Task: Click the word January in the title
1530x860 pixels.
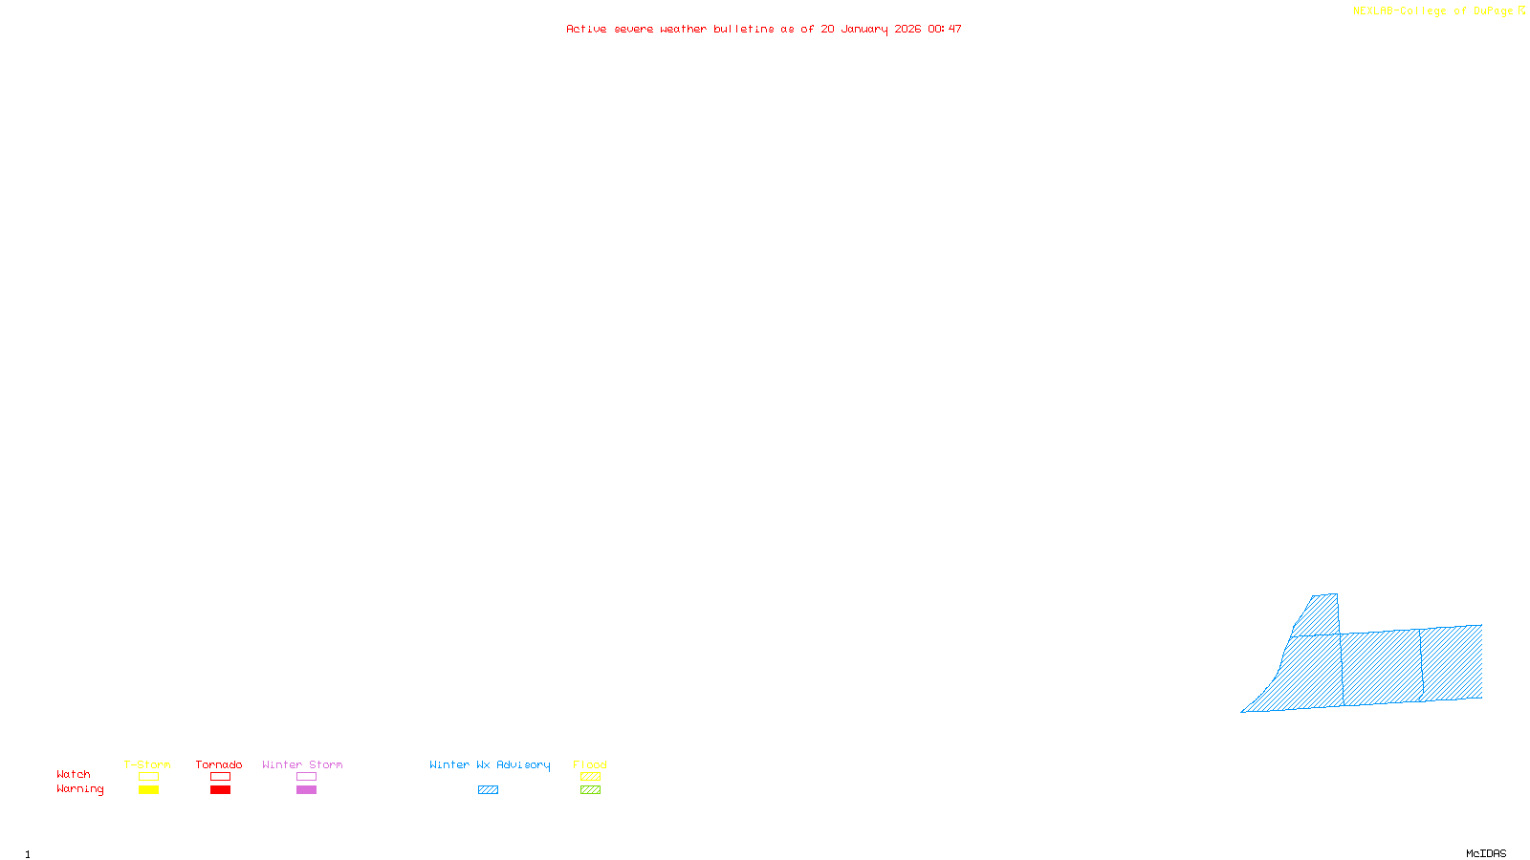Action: pos(863,30)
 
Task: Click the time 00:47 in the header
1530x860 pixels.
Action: pos(945,30)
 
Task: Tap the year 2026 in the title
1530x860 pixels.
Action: pos(907,30)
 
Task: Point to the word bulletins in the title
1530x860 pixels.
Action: pos(743,30)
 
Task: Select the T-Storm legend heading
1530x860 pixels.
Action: pos(147,764)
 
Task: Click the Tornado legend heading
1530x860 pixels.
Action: pos(219,764)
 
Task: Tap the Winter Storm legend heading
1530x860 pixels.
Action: pos(302,764)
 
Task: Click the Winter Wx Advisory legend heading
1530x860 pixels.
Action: pos(490,764)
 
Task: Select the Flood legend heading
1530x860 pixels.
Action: pos(590,764)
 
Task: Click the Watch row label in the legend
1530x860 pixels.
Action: pos(74,774)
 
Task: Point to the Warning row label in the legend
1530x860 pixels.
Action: pos(79,789)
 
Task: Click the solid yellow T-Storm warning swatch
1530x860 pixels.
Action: pos(148,790)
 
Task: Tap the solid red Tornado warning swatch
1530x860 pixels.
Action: pos(220,790)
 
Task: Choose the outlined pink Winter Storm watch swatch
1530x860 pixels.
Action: pos(306,777)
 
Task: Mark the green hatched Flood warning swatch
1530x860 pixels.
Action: pos(590,790)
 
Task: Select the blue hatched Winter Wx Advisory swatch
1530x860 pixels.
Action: pos(488,790)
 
